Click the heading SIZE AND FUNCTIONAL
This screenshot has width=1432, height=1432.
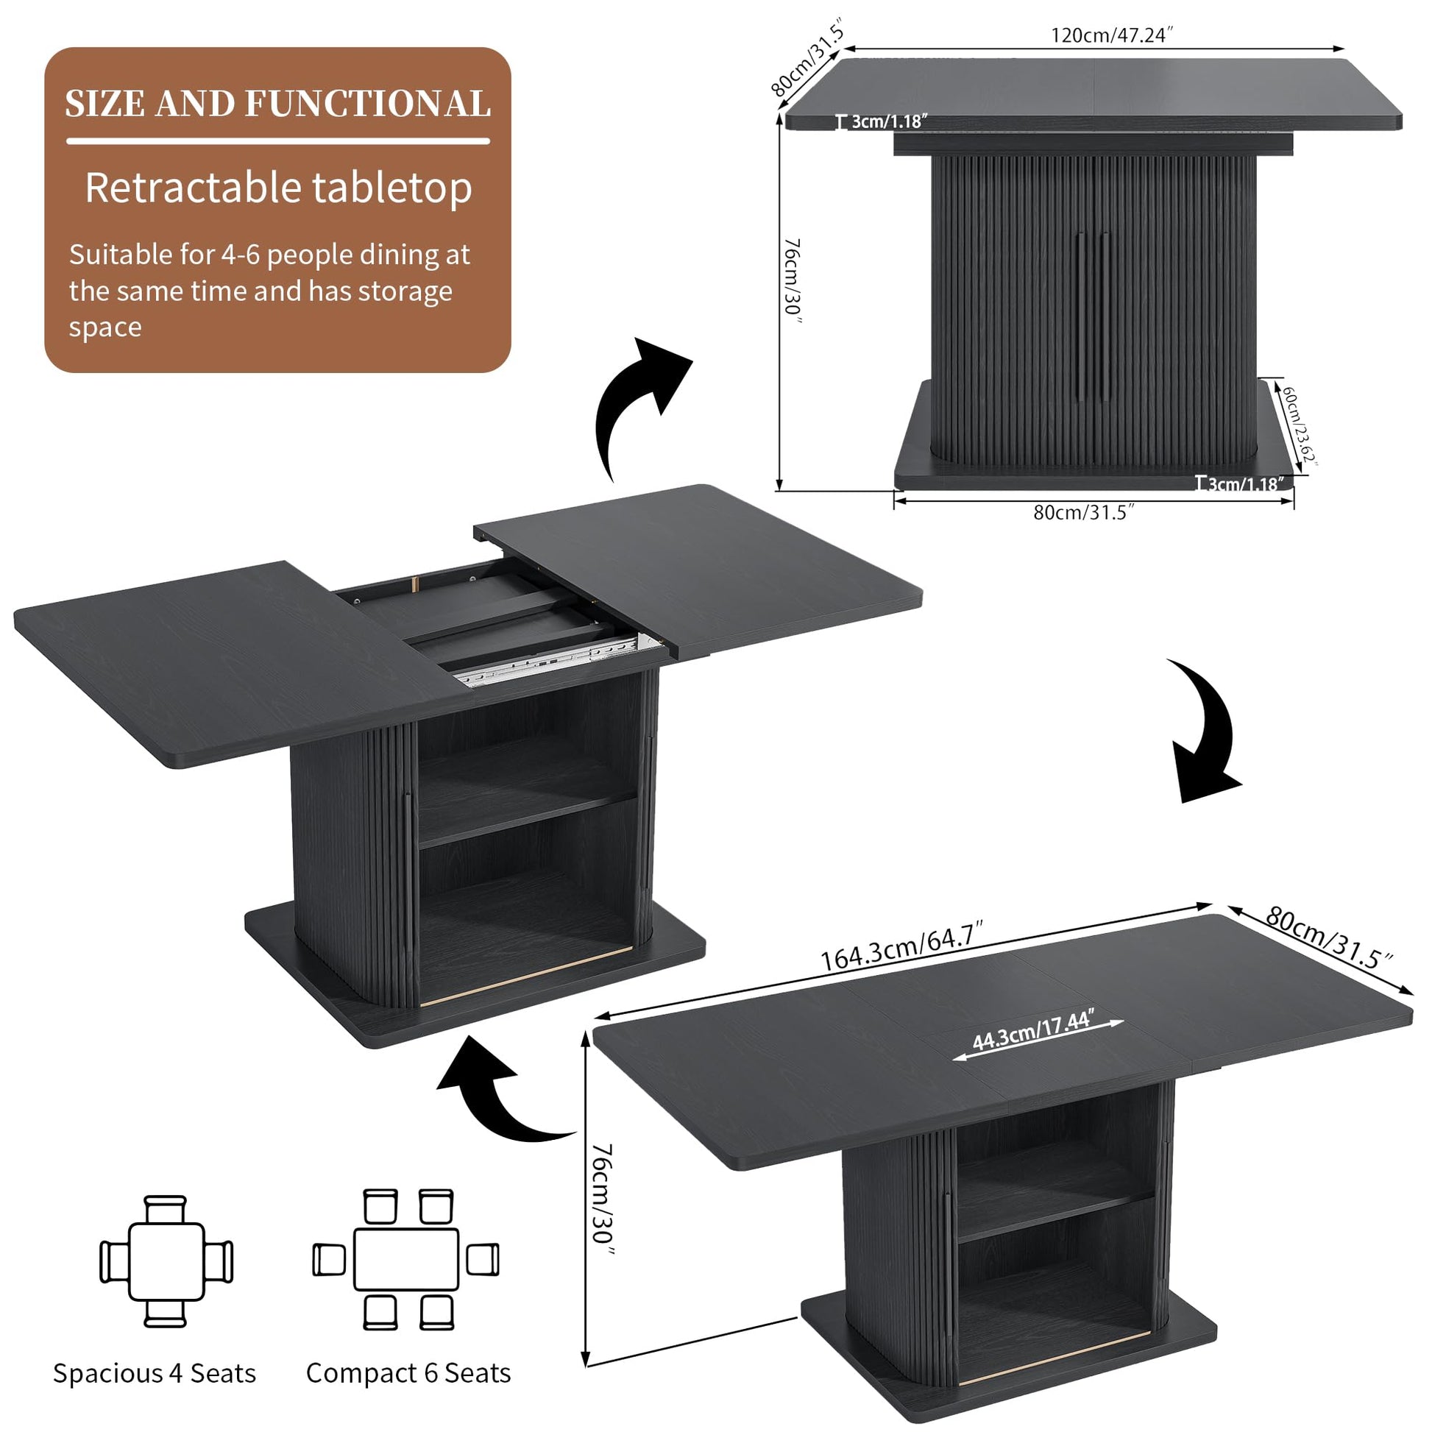(x=278, y=104)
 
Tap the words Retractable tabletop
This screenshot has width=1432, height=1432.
(x=278, y=188)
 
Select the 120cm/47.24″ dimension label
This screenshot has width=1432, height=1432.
(x=1112, y=35)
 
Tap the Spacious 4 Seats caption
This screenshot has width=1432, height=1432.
(x=155, y=1372)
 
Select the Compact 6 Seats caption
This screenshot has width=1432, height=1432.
(x=408, y=1372)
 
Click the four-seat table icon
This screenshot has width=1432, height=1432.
(x=167, y=1261)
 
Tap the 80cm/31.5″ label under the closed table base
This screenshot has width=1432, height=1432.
(x=1085, y=512)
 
